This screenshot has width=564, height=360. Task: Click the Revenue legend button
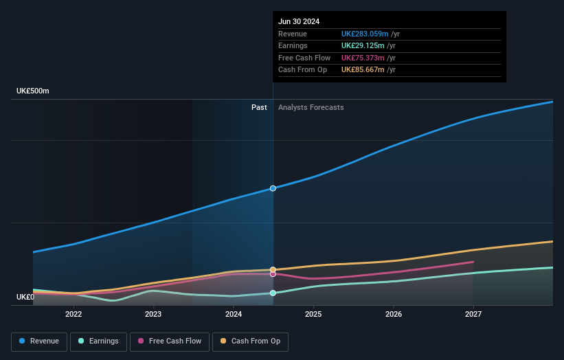tap(39, 341)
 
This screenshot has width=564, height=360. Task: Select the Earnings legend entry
tap(98, 341)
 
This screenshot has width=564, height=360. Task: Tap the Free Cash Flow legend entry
tap(170, 341)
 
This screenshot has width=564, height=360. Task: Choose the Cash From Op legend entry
tap(250, 341)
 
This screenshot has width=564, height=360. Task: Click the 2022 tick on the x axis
tap(74, 314)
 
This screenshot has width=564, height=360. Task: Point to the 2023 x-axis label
tap(153, 314)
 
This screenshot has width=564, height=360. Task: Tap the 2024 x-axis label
tap(234, 314)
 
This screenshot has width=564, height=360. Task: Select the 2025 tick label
tap(313, 314)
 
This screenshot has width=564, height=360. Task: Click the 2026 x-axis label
tap(394, 314)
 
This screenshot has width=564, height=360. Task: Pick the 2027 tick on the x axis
tap(473, 314)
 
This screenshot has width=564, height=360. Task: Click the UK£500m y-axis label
tap(33, 91)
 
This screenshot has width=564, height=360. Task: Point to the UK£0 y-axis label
tap(25, 297)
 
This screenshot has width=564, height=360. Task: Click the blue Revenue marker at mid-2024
tap(273, 188)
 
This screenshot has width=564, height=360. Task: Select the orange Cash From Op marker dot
tap(273, 269)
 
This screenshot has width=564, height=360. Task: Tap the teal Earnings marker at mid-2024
tap(273, 293)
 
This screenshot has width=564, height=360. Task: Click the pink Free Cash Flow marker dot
tap(273, 274)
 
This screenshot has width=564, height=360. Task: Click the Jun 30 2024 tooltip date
tap(299, 22)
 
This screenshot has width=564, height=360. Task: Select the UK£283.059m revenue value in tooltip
tap(365, 34)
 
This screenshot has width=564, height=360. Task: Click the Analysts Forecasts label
tap(311, 107)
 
